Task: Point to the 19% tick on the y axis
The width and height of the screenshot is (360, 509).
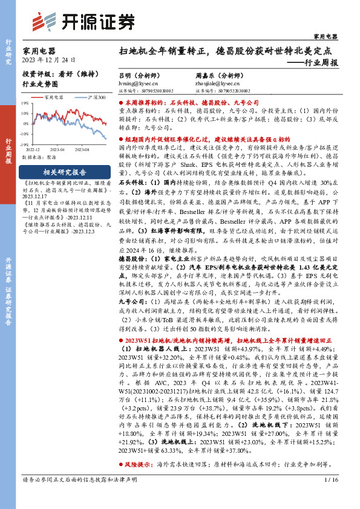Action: [x=25, y=103]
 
